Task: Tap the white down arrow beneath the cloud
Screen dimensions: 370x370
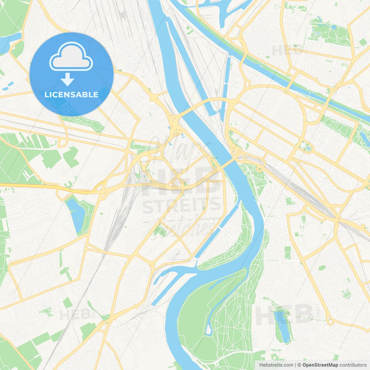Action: coord(67,79)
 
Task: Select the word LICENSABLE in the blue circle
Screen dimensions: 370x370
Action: coord(71,95)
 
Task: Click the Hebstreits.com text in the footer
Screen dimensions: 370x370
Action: coord(276,365)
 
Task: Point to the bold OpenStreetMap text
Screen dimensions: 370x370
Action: coord(320,365)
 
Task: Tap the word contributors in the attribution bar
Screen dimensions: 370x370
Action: coord(353,365)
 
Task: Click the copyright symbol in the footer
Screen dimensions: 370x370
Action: coord(299,365)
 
